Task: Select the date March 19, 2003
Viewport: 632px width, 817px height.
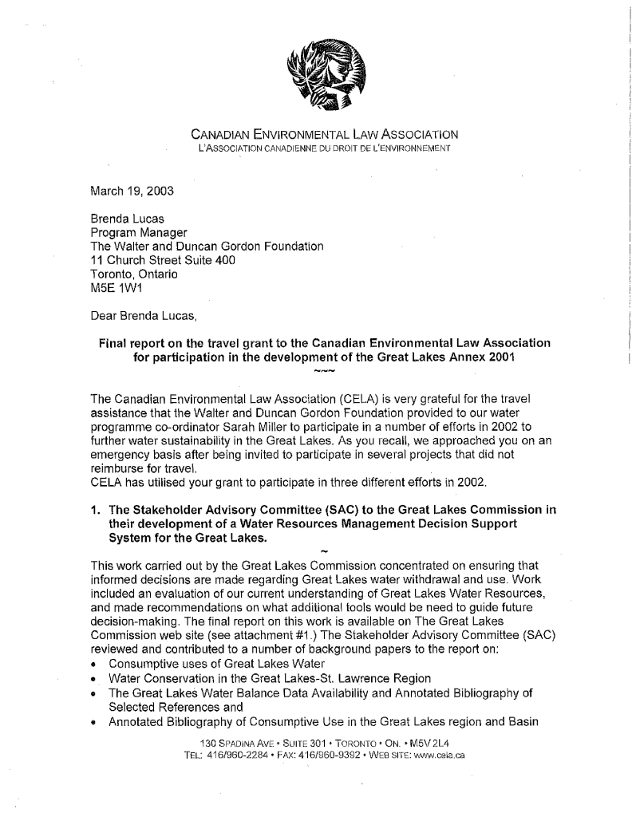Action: (132, 191)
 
